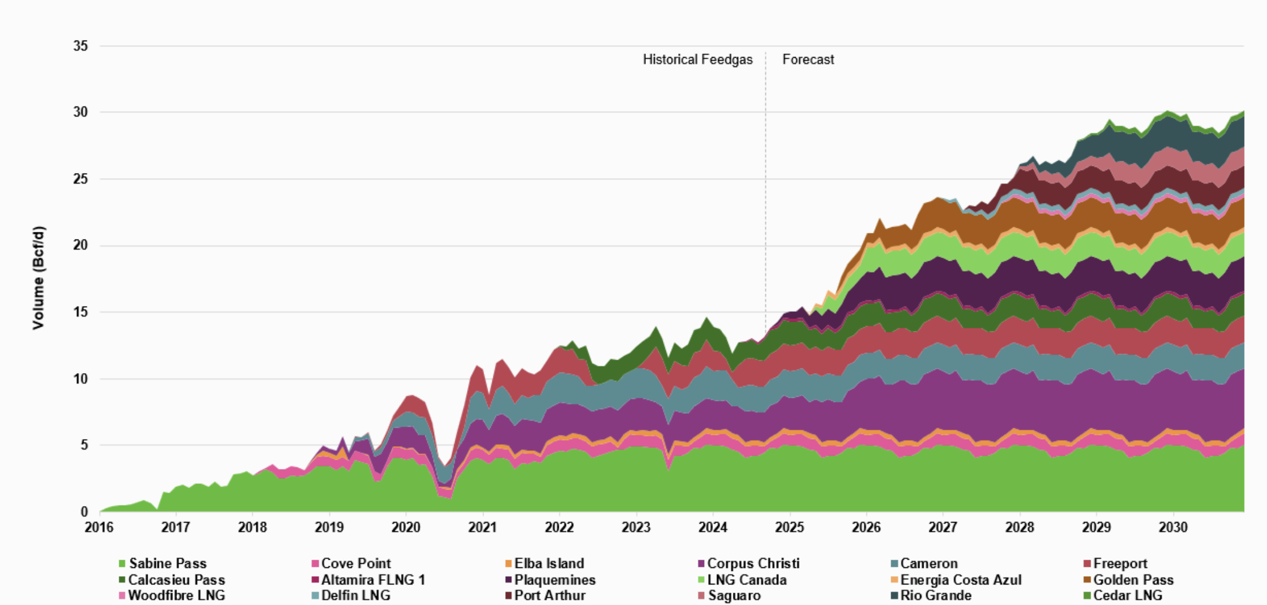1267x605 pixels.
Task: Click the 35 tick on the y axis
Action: (x=81, y=46)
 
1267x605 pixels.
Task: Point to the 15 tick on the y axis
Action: (x=81, y=312)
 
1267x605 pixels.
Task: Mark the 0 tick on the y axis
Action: (x=84, y=512)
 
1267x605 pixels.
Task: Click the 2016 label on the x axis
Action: (x=99, y=527)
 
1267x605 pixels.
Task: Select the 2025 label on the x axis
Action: (x=789, y=527)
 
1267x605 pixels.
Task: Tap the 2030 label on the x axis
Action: (x=1173, y=527)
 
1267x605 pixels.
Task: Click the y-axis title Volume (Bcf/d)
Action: (x=38, y=278)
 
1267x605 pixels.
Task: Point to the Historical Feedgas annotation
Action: (x=698, y=59)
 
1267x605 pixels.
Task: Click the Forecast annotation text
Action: (x=808, y=59)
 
